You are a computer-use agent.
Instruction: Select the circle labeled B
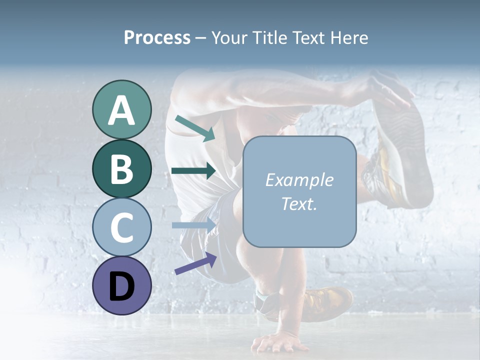[122, 168]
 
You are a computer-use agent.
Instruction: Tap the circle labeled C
[122, 227]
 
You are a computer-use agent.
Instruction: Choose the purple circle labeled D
[122, 285]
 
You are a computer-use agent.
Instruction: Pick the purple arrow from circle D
[195, 263]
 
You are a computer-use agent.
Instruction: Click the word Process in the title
[157, 37]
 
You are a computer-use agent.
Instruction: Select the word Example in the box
[299, 180]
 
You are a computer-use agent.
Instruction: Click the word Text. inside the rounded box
[299, 203]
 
